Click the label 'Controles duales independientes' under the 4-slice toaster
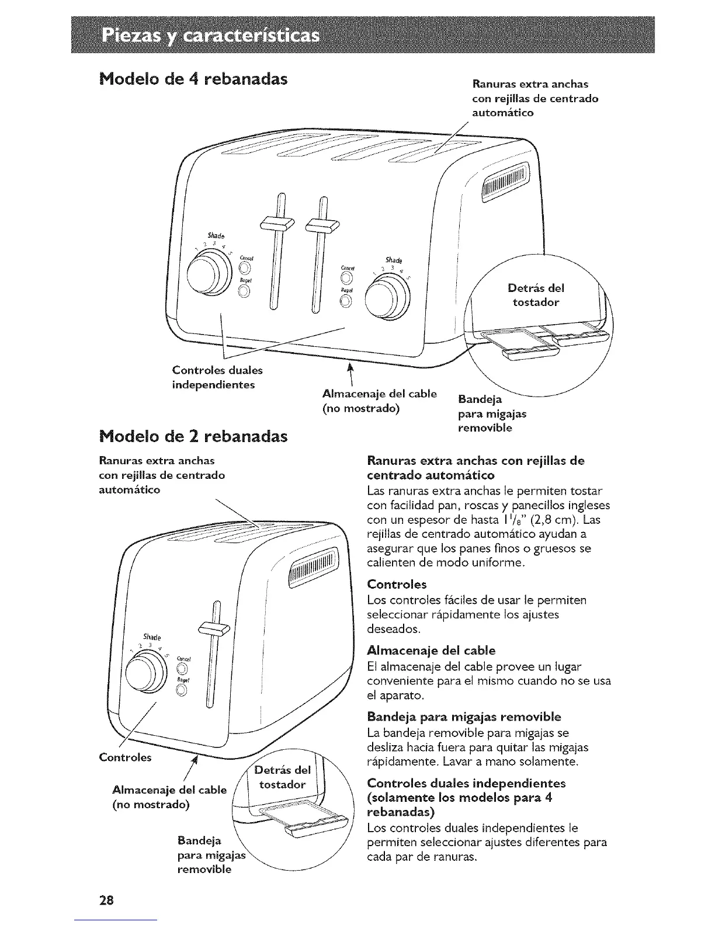217,377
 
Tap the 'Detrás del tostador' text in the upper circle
536,295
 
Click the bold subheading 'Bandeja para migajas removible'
464,717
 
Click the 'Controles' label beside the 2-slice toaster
125,757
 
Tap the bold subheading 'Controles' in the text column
397,584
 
